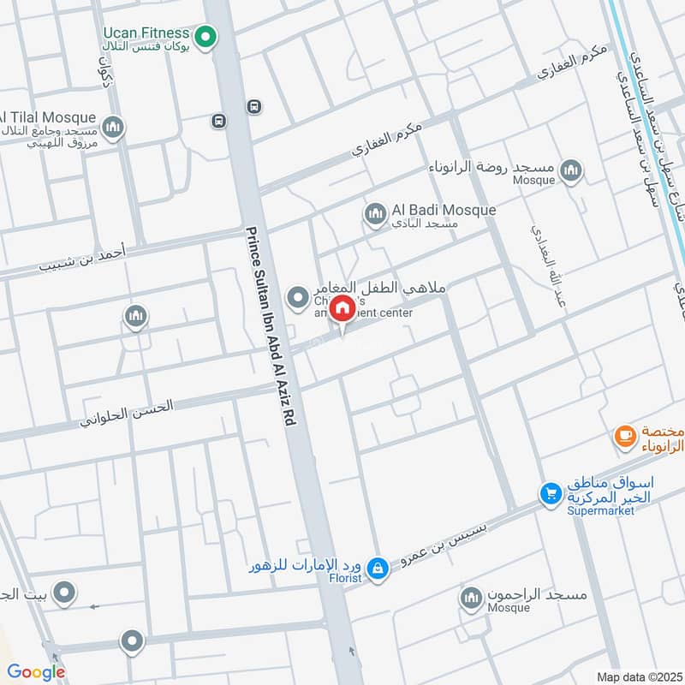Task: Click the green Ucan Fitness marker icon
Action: pyautogui.click(x=205, y=37)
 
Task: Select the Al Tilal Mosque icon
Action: pyautogui.click(x=113, y=128)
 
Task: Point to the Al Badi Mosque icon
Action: pyautogui.click(x=374, y=214)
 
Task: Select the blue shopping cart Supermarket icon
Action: pyautogui.click(x=550, y=494)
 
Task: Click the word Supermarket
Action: pyautogui.click(x=600, y=511)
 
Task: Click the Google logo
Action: pyautogui.click(x=36, y=672)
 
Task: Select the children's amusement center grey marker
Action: pyautogui.click(x=297, y=297)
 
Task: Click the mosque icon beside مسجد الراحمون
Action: pyautogui.click(x=470, y=599)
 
